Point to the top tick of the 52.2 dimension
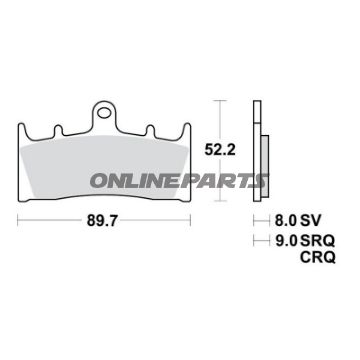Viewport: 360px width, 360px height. [x=222, y=100]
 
